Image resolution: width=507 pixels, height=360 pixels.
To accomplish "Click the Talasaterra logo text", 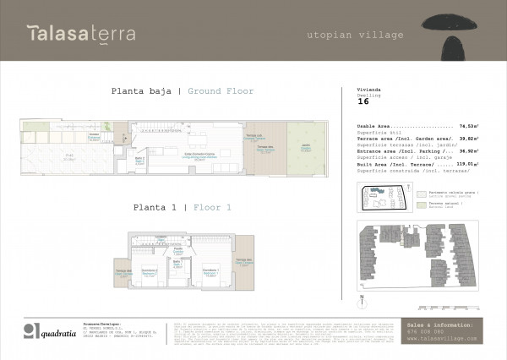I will (80, 35).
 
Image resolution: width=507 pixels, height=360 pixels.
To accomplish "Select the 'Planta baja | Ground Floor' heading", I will (183, 91).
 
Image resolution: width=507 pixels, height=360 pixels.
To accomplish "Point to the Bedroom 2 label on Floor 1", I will (150, 272).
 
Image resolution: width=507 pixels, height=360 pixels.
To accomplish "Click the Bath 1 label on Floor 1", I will (178, 264).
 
